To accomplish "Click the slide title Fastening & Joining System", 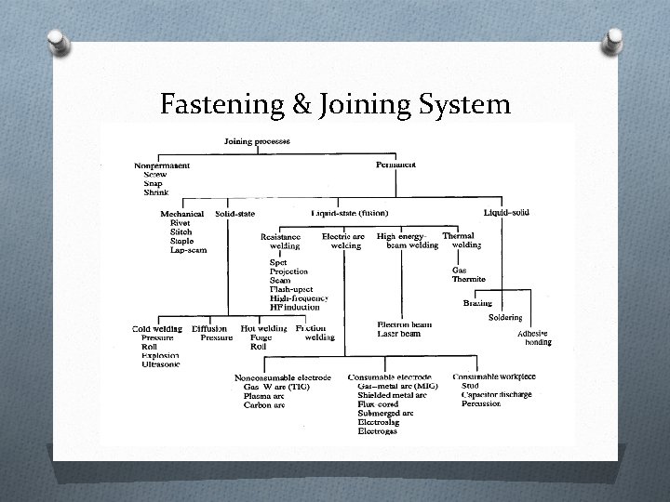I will pos(335,104).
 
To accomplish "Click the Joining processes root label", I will pos(257,141).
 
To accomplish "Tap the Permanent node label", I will pos(395,165).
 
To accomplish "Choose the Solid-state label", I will pos(235,214).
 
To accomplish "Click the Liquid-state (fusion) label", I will pos(350,213).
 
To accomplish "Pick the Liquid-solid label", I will pos(506,213).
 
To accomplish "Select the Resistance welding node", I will pos(280,242).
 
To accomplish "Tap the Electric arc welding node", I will pos(343,242).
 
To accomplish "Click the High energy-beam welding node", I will pos(406,242).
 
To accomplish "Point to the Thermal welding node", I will pos(462,241).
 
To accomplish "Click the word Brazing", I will pos(477,303).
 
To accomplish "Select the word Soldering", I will pos(505,317).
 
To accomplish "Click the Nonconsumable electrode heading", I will pos(282,377).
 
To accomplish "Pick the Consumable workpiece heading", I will pos(495,376).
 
